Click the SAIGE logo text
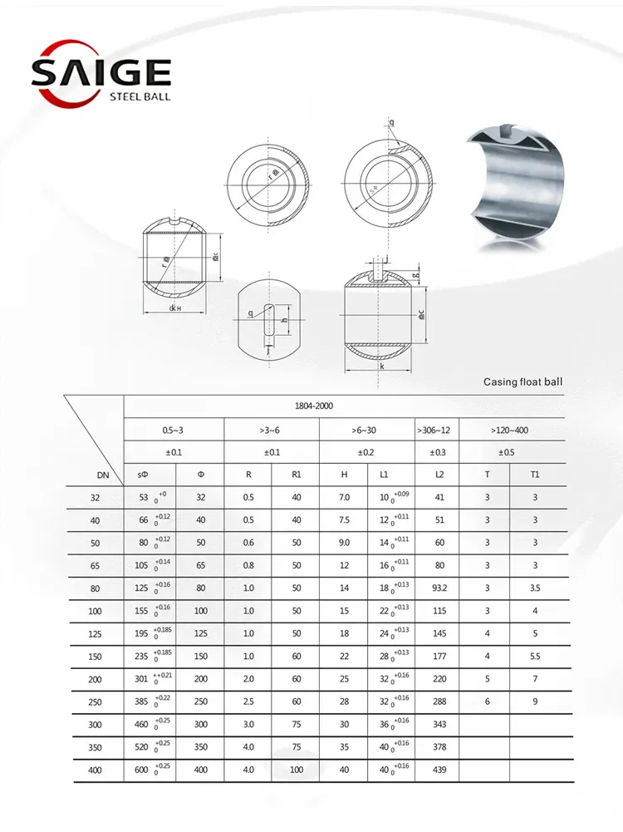tap(101, 72)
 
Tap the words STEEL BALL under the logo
tap(140, 97)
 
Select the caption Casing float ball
tap(522, 382)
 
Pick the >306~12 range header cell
tap(435, 430)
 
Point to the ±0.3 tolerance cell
tap(435, 452)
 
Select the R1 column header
tap(297, 475)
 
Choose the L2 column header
tap(439, 475)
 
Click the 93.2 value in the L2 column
tap(439, 588)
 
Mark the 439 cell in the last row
tap(439, 770)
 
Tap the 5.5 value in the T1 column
tap(535, 657)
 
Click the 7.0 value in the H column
tap(344, 497)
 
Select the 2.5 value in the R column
tap(248, 702)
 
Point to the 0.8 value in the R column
tap(248, 565)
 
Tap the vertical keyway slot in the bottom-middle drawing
tap(267, 321)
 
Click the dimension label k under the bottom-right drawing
tap(381, 366)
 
